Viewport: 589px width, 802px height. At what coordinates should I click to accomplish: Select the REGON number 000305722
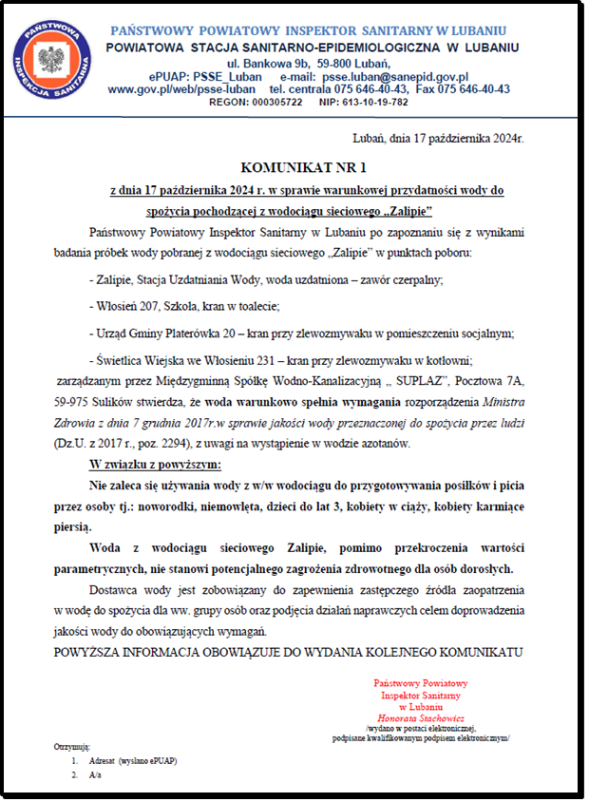[x=274, y=102]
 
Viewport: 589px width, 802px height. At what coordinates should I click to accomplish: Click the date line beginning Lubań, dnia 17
[x=438, y=138]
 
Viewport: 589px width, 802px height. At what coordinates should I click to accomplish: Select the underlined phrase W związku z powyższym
[x=155, y=465]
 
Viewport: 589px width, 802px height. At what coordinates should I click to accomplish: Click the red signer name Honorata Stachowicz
[x=420, y=718]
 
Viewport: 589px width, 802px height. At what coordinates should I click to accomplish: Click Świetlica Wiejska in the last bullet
[x=142, y=361]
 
